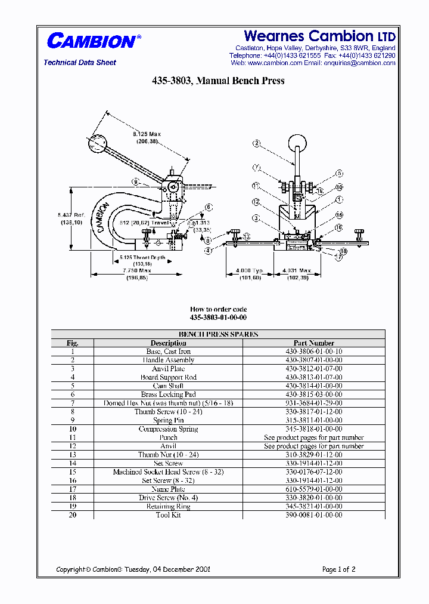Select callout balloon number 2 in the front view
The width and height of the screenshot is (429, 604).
click(x=256, y=143)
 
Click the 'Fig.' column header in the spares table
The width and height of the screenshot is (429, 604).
click(x=72, y=343)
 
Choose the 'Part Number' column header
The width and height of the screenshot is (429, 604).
click(x=313, y=343)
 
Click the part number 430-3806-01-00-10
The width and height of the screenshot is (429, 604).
click(x=313, y=352)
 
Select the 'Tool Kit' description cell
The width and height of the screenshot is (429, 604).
click(x=168, y=514)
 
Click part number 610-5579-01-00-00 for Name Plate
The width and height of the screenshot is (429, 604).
click(x=313, y=489)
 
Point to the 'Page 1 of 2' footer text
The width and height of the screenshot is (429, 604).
click(x=338, y=569)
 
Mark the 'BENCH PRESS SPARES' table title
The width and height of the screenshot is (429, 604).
click(x=218, y=334)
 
